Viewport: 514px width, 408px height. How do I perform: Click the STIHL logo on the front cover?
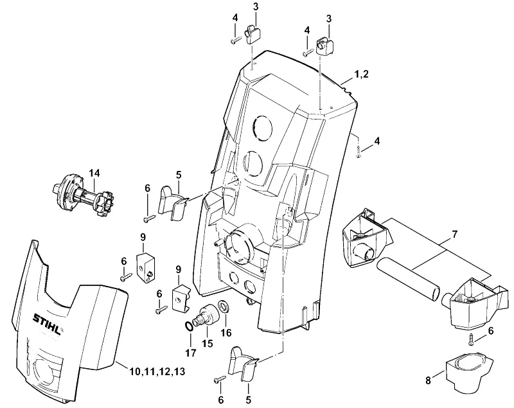coord(48,323)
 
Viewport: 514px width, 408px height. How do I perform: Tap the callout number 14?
coord(94,173)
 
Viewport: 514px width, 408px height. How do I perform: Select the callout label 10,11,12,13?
coord(157,371)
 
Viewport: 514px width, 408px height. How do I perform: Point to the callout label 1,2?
coord(361,74)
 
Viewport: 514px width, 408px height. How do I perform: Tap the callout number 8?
coord(428,381)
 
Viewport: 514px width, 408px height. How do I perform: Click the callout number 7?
coord(454,235)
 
